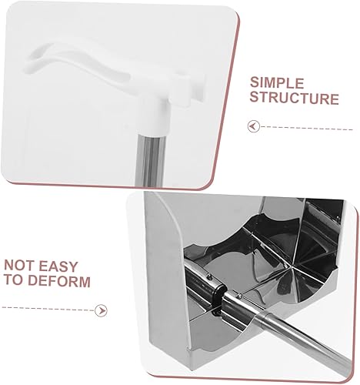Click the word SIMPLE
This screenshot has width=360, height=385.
(x=277, y=83)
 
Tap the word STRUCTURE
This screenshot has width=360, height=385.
(x=295, y=99)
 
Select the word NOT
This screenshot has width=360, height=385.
(x=18, y=266)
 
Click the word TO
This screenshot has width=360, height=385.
(x=14, y=280)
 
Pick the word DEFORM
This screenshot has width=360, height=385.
(x=59, y=280)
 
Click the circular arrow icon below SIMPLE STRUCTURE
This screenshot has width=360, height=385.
(x=254, y=126)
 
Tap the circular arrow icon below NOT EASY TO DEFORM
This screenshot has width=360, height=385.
(x=101, y=310)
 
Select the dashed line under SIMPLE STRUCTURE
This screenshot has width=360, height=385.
(x=307, y=128)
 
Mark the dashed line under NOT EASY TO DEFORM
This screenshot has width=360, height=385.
(x=48, y=309)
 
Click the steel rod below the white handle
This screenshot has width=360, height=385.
(x=150, y=159)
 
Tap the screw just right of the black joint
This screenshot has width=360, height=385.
(x=239, y=296)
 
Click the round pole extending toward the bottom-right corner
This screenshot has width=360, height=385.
(x=302, y=339)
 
